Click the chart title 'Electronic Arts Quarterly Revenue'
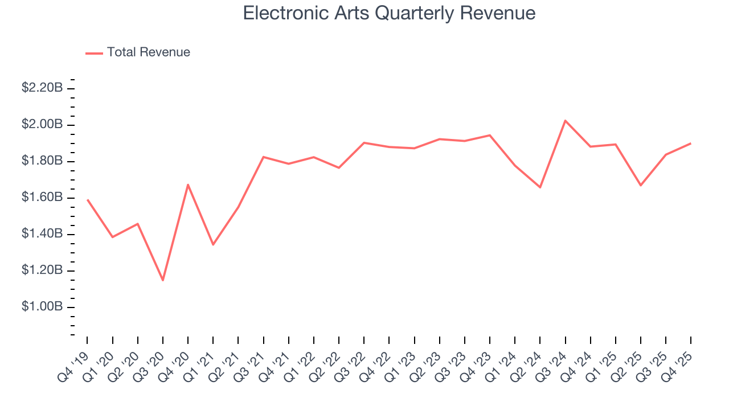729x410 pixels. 389,13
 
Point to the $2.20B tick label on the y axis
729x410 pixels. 42,88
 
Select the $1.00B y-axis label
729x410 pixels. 42,307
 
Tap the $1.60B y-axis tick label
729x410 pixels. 42,198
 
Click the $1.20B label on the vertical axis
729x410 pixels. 42,270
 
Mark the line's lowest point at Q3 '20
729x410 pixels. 163,280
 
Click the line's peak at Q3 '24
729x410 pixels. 565,121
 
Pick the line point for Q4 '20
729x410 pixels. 188,184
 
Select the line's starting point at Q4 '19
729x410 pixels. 88,200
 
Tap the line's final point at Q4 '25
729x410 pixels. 691,143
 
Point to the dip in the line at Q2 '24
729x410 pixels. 540,187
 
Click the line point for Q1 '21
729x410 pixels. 213,245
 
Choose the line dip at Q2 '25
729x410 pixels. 641,185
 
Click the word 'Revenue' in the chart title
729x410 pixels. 497,13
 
